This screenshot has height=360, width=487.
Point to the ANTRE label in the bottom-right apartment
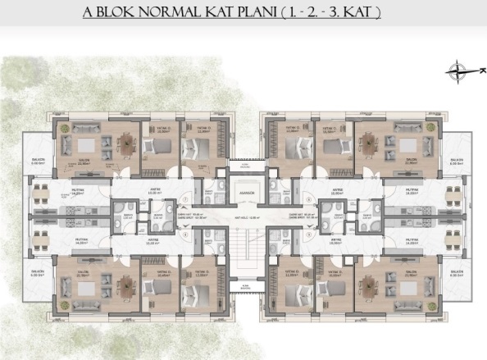click(334, 239)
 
